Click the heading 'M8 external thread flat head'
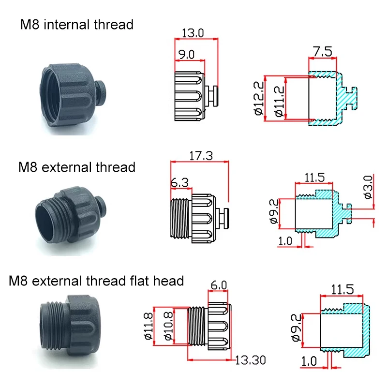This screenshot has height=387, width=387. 96,280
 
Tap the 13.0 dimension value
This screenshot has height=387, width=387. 193,33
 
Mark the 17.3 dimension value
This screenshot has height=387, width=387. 199,157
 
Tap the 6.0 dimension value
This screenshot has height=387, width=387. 219,285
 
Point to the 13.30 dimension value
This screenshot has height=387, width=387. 250,360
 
